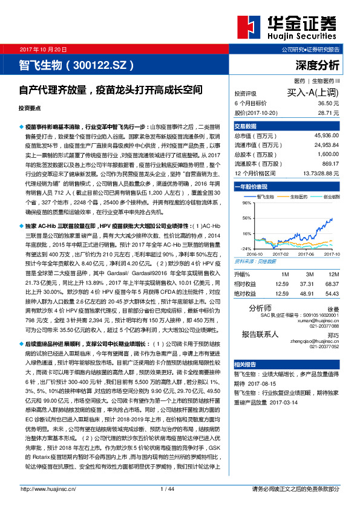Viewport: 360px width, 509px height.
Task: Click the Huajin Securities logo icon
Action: tap(247, 27)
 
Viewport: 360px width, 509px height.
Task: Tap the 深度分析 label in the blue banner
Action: tap(318, 64)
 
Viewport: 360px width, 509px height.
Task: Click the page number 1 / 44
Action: tap(167, 488)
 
